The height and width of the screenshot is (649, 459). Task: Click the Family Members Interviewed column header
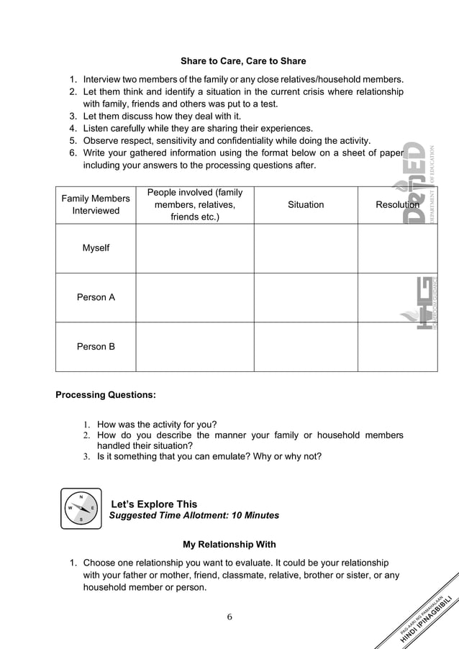(x=96, y=204)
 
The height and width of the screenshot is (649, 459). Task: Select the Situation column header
(x=306, y=205)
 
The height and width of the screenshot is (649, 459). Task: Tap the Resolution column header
(x=397, y=205)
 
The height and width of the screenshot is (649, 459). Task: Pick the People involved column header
(x=194, y=204)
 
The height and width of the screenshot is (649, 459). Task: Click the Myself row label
(x=96, y=248)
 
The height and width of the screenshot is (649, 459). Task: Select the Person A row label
(x=96, y=297)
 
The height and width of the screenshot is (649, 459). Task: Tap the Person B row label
(x=96, y=347)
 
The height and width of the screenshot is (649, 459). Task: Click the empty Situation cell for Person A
(x=306, y=297)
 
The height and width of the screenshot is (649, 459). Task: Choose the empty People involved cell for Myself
(x=194, y=248)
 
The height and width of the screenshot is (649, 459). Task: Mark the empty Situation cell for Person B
(x=306, y=347)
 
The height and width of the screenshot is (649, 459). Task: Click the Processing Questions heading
(x=105, y=395)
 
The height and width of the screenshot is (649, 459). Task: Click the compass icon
(x=81, y=509)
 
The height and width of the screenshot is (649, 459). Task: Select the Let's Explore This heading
(x=153, y=504)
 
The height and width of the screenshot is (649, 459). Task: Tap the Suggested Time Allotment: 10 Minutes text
(x=194, y=516)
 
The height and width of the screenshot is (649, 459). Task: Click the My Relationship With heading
(x=229, y=545)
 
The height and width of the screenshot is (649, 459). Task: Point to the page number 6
(x=229, y=617)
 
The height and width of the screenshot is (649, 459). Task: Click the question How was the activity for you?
(x=157, y=425)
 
